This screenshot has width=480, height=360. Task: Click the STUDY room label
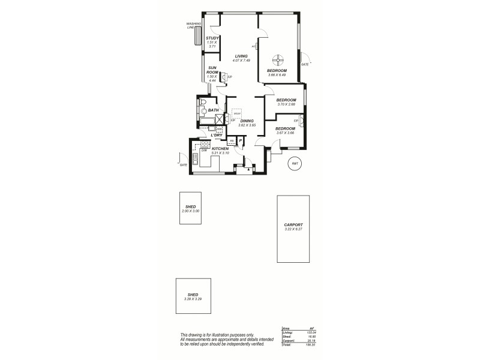click(212, 38)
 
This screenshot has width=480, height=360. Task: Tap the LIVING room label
click(241, 56)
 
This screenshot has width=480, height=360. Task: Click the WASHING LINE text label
click(194, 26)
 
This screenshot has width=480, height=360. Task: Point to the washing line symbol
click(198, 37)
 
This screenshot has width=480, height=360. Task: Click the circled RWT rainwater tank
click(294, 163)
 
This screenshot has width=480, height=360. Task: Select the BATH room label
click(213, 110)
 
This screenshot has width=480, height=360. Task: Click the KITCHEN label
click(220, 148)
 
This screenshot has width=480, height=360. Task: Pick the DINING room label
click(247, 121)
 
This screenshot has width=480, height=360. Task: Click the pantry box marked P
click(240, 140)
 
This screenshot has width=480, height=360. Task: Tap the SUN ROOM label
click(212, 70)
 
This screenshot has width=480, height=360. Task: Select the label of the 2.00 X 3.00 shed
click(191, 206)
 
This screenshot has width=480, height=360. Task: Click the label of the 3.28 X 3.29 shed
click(193, 295)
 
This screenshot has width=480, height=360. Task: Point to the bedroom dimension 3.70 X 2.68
click(286, 104)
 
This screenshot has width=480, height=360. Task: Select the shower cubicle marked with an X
click(220, 118)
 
